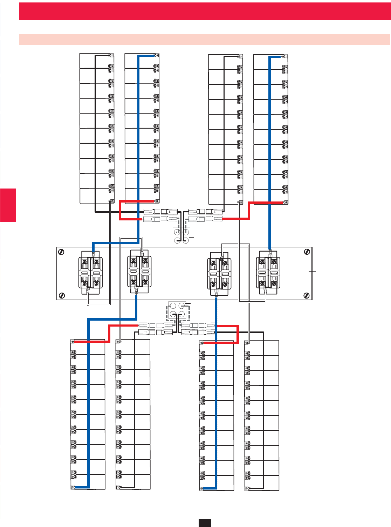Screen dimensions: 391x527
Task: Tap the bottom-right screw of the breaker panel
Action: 307,295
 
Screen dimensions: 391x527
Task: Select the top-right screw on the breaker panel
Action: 307,252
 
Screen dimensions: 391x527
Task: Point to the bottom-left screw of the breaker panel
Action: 62,295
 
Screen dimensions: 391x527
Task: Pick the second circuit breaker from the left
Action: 139,272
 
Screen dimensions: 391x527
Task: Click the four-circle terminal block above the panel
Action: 181,236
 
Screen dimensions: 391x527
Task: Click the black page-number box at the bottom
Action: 205,522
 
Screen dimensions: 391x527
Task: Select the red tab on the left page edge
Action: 8,205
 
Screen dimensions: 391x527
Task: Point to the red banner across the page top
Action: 205,11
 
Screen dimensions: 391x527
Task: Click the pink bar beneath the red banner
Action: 205,39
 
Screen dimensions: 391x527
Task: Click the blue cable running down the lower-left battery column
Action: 89,403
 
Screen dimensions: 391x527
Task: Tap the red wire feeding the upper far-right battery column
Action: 266,203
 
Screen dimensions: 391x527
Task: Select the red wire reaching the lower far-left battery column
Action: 89,341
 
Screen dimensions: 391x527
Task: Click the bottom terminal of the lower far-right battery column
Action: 247,488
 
